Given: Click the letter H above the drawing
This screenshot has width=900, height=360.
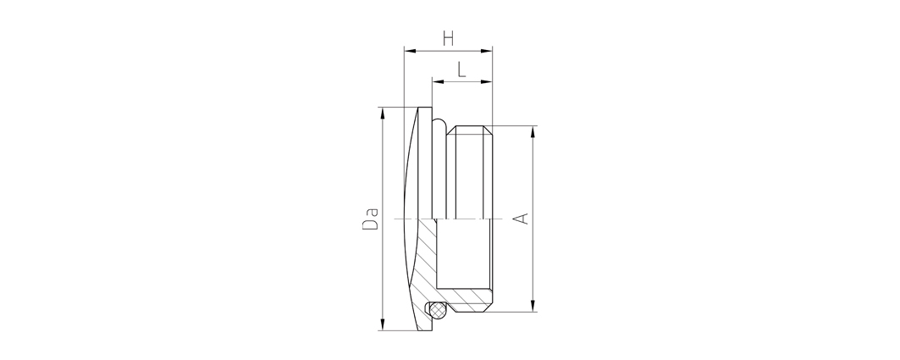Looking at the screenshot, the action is click(x=448, y=38).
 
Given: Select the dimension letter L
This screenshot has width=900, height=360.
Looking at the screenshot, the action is click(x=461, y=69).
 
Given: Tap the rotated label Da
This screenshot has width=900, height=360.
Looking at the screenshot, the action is click(x=370, y=219).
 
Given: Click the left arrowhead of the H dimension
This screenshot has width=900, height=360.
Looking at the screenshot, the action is click(x=410, y=51).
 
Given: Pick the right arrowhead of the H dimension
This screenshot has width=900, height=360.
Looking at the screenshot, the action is click(x=487, y=51).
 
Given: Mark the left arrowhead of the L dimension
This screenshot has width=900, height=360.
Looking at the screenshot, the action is click(x=438, y=82).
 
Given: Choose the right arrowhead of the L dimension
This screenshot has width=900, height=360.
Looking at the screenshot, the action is click(x=487, y=82).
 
